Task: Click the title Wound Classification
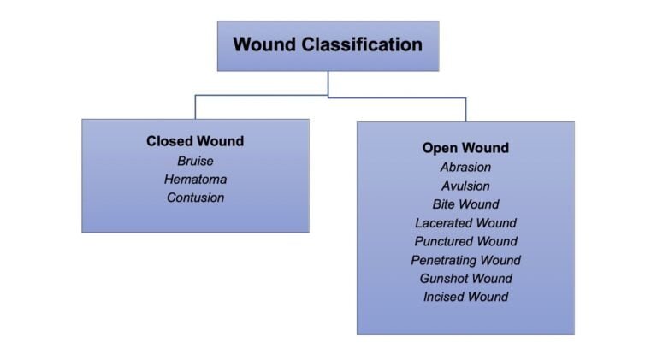(328, 44)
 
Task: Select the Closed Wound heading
(195, 141)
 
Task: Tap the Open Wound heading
(465, 148)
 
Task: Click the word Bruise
(195, 161)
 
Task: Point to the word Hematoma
(195, 180)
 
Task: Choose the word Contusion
(195, 198)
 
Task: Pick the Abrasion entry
(465, 168)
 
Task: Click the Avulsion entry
(465, 186)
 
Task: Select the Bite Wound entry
(465, 204)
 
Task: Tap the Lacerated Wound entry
(465, 223)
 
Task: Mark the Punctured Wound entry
(465, 242)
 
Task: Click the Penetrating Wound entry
(465, 260)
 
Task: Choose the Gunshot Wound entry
(465, 279)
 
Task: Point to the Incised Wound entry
(465, 298)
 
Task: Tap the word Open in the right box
(439, 148)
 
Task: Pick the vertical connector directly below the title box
(328, 83)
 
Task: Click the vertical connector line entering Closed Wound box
(195, 107)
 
